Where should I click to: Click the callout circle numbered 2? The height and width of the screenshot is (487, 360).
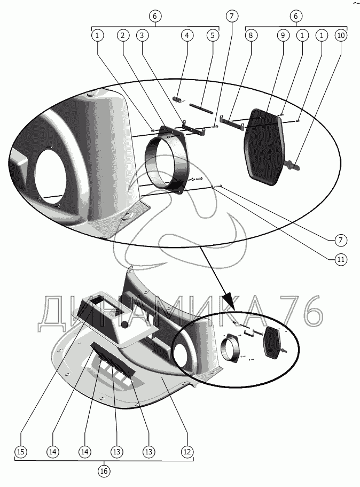coord(123,35)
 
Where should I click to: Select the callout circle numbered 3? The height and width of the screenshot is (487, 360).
coord(142,35)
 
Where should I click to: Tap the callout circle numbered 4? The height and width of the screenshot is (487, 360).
coord(186,35)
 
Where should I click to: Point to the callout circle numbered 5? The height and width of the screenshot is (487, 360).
coord(212,35)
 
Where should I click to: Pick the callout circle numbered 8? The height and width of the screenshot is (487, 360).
coord(251,35)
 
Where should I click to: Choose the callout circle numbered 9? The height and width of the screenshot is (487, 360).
coord(283,35)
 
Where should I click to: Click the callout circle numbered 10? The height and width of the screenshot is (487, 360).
coord(341,35)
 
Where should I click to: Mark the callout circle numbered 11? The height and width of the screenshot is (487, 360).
coord(340,260)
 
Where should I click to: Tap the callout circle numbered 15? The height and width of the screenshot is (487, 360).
coord(20,452)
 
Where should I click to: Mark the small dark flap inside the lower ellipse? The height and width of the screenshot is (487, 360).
coord(275,345)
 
